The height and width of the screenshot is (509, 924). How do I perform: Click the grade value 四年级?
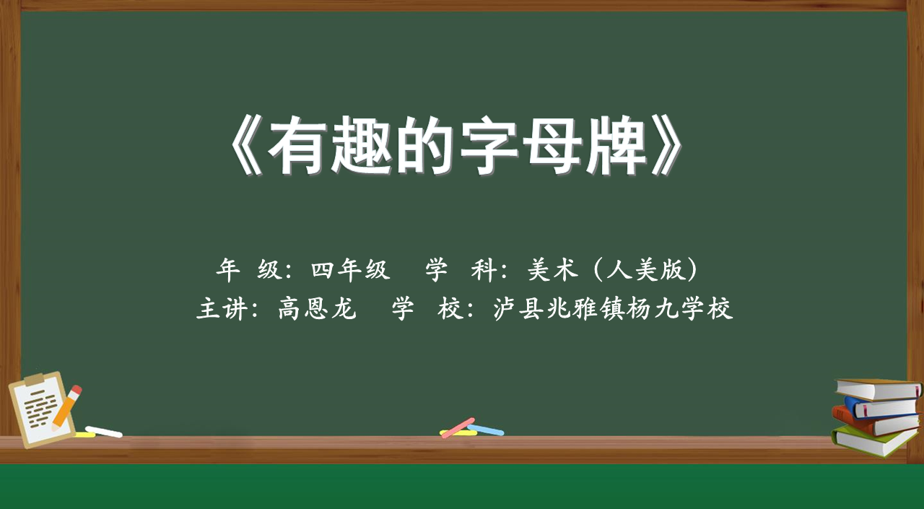tap(351, 270)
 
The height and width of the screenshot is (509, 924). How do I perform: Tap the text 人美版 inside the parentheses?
tap(645, 270)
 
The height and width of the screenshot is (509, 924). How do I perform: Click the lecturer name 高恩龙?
tap(317, 308)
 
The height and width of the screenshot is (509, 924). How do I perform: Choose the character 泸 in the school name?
tap(505, 308)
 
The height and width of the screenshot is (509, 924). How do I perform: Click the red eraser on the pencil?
tap(77, 390)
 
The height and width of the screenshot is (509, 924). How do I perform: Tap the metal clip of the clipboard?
tap(38, 378)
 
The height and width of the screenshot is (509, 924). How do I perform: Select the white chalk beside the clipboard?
tap(103, 432)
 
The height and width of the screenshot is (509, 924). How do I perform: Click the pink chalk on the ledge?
tap(458, 427)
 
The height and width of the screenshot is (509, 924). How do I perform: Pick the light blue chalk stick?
tap(486, 430)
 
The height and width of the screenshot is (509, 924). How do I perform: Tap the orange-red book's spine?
tap(850, 420)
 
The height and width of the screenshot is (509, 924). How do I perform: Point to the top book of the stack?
tap(879, 389)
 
